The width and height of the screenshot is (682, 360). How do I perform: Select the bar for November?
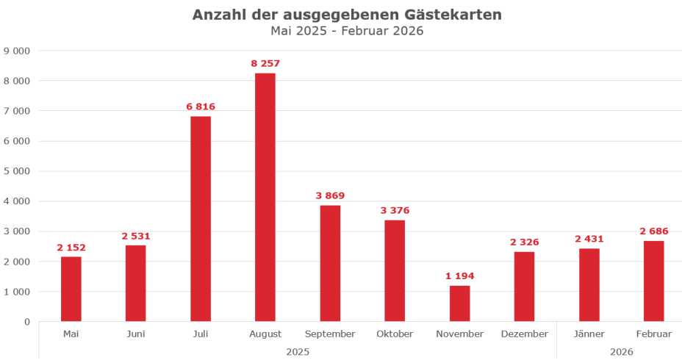pos(459,303)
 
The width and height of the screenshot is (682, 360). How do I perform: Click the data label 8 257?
pos(265,64)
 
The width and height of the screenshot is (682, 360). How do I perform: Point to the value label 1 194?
pos(459,276)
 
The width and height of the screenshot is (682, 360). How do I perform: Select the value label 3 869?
pos(330,195)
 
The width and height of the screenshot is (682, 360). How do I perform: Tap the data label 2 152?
pos(71,247)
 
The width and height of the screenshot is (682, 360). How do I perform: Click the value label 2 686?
pos(653,231)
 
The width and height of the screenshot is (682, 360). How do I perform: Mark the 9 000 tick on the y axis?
pos(17,51)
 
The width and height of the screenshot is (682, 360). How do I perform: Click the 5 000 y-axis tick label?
pos(17,171)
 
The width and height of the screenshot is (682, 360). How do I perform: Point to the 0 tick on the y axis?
pos(26,322)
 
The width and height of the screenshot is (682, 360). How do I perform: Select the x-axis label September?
pos(330,334)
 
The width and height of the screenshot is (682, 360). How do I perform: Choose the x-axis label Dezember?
pos(524,334)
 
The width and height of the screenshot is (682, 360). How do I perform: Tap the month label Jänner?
pos(589,334)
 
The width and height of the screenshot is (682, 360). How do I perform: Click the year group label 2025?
pos(298,352)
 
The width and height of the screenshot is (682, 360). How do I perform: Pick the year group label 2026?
pos(621,352)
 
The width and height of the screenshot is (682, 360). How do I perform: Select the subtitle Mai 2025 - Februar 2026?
pos(347,32)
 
